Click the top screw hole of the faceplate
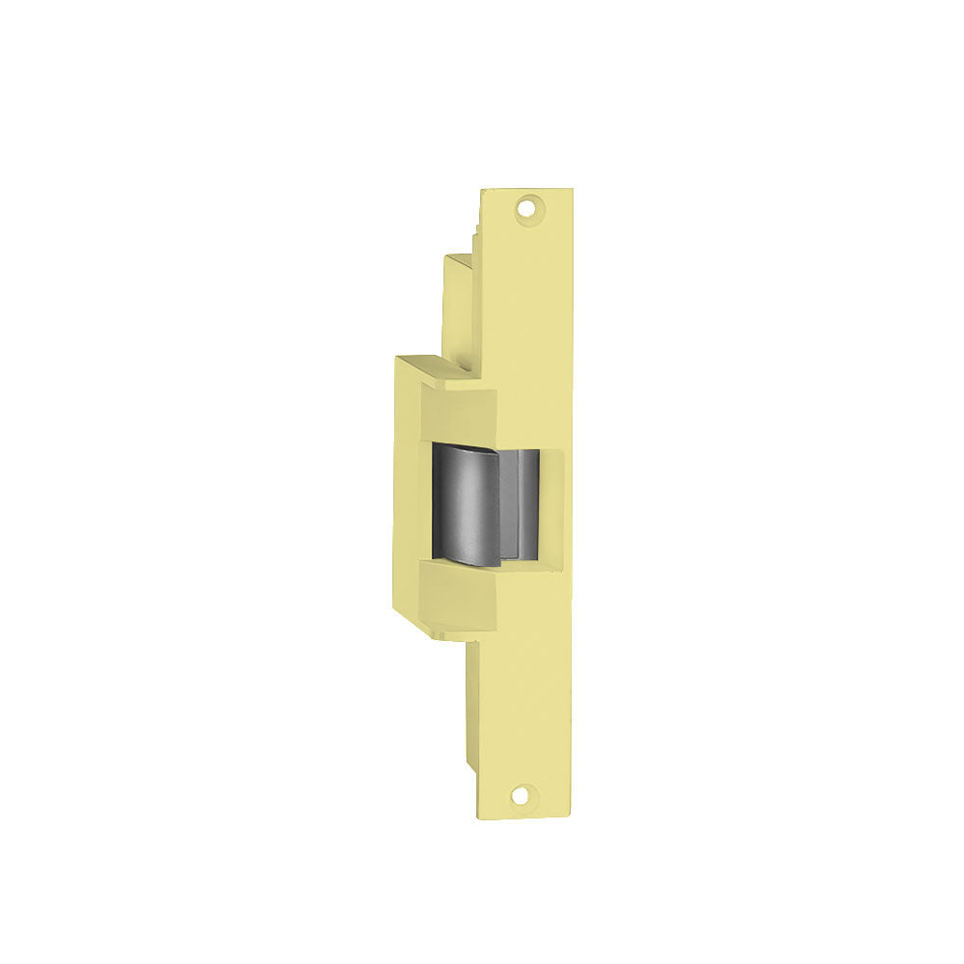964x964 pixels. pyautogui.click(x=526, y=205)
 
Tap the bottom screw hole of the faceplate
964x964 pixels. pyautogui.click(x=522, y=795)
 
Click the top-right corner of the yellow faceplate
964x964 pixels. pyautogui.click(x=572, y=189)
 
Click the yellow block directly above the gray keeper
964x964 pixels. pyautogui.click(x=459, y=415)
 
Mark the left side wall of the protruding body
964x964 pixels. pyautogui.click(x=405, y=492)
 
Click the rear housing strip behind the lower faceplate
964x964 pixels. pyautogui.click(x=472, y=704)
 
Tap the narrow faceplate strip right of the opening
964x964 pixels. pyautogui.click(x=555, y=503)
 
